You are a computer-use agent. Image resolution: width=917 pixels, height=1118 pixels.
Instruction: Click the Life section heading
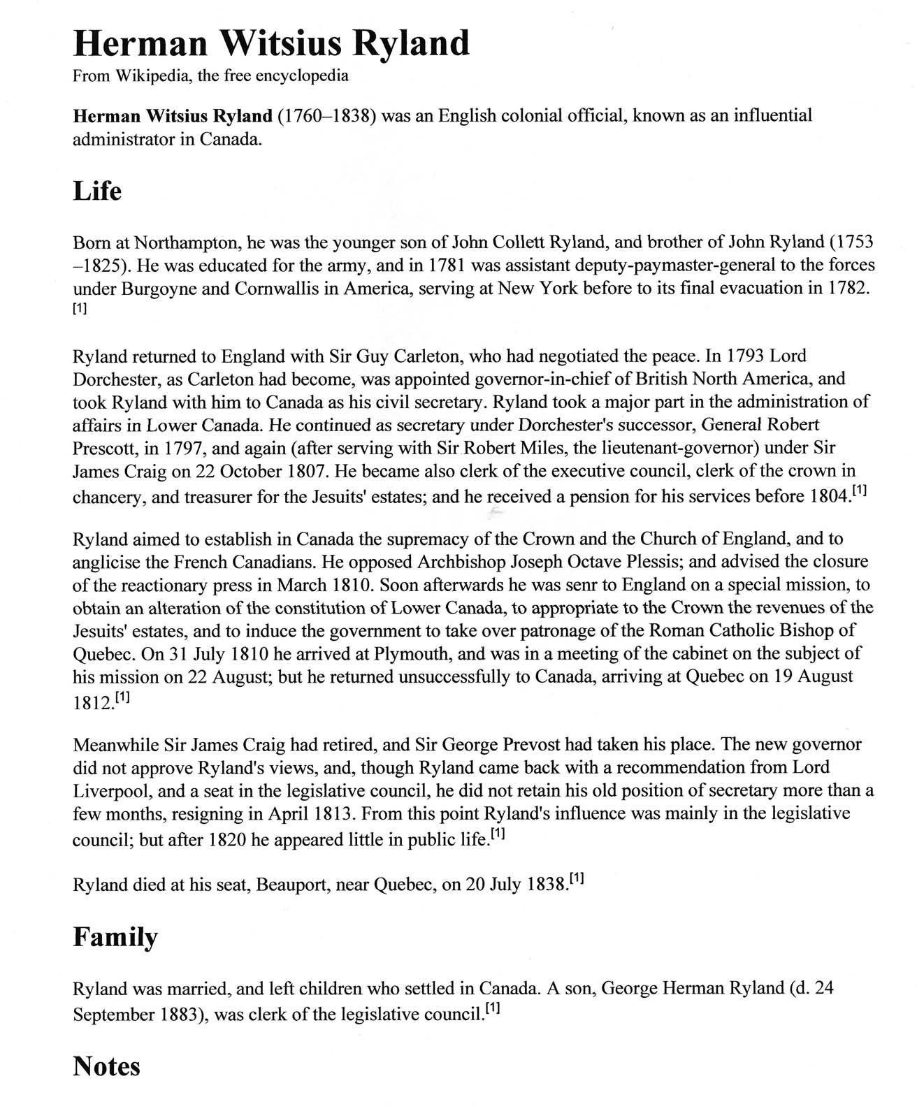[x=97, y=191]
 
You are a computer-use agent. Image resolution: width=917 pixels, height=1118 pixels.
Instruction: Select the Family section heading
[x=115, y=938]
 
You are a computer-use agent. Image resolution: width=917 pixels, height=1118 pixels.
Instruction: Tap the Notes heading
[x=106, y=1067]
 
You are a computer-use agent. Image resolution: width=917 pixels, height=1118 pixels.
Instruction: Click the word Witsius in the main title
[x=282, y=43]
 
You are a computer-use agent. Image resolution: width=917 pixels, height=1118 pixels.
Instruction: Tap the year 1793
[x=746, y=356]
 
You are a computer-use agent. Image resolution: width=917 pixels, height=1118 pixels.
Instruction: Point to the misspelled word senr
[x=547, y=585]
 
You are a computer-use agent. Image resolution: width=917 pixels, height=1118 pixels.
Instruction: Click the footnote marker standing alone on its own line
[x=80, y=310]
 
